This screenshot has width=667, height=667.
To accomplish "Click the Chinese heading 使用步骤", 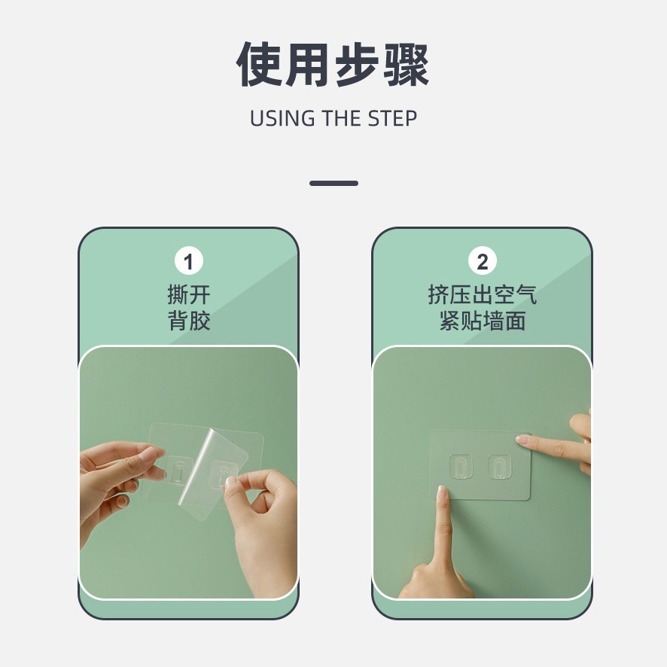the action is tap(333, 65).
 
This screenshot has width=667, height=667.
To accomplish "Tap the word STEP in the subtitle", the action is tap(392, 118).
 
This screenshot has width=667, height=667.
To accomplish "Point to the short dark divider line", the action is tap(333, 184).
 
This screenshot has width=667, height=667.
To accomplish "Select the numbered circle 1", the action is tap(189, 261).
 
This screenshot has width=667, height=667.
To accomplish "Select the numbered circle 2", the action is tap(483, 261).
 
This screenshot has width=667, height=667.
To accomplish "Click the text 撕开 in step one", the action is tap(189, 295).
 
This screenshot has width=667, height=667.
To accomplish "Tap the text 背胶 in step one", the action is tap(189, 321).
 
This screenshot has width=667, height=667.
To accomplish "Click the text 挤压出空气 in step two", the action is tap(483, 295).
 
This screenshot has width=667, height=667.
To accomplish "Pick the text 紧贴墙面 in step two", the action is tap(483, 321).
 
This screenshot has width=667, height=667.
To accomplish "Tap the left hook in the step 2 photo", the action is tap(461, 466).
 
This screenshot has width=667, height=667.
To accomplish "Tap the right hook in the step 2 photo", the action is tap(500, 466).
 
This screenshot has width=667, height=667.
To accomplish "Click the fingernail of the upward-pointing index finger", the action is tap(442, 492).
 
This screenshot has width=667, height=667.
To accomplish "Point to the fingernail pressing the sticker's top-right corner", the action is tap(522, 440).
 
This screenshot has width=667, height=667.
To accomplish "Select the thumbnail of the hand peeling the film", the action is tap(230, 483).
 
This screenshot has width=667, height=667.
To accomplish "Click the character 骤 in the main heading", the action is tap(406, 65).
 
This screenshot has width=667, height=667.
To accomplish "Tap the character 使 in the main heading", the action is tap(259, 65).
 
